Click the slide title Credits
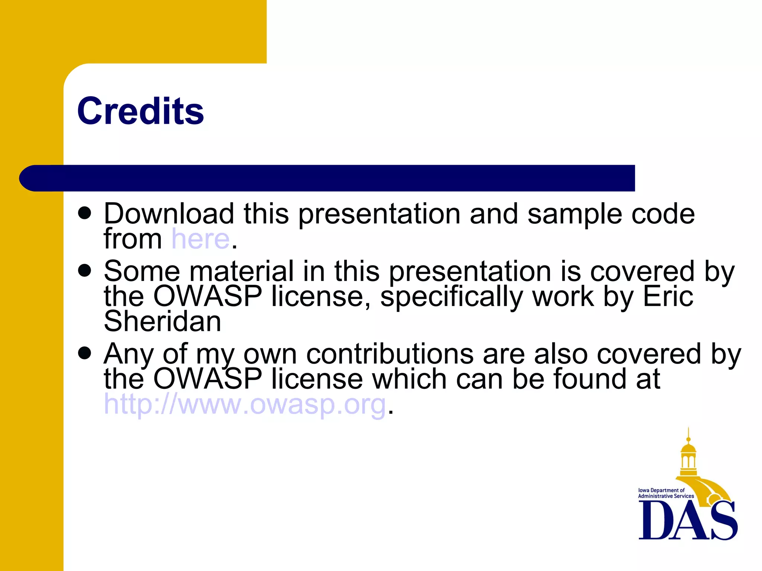(140, 111)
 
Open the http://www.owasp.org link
(244, 404)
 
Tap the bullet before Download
(85, 213)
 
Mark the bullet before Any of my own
(85, 353)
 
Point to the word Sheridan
(163, 321)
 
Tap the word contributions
(390, 354)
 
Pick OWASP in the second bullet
(208, 297)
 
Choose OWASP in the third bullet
(208, 379)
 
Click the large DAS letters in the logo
(688, 520)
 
